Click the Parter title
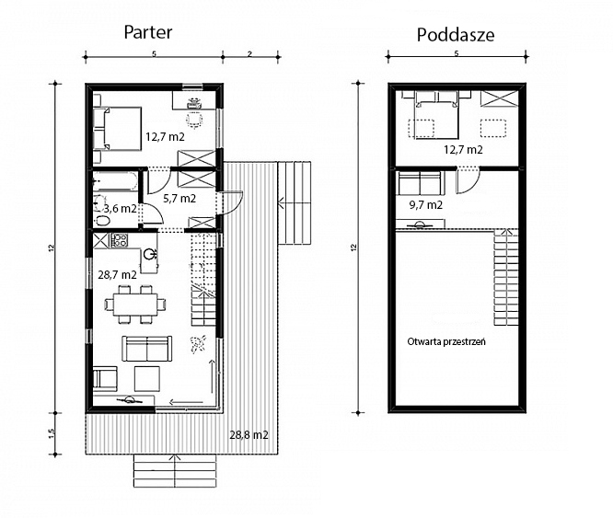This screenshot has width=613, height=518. pyautogui.click(x=148, y=33)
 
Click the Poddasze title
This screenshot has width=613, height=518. pyautogui.click(x=456, y=35)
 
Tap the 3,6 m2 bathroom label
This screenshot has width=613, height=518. pyautogui.click(x=120, y=209)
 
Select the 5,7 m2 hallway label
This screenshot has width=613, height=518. pyautogui.click(x=179, y=199)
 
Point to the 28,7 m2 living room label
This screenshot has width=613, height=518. pyautogui.click(x=117, y=274)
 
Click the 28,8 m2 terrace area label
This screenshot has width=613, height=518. pyautogui.click(x=249, y=435)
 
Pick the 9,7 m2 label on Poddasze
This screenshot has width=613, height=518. pyautogui.click(x=426, y=204)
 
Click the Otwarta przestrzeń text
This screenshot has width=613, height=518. pyautogui.click(x=446, y=341)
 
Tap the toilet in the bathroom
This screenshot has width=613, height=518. pyautogui.click(x=103, y=220)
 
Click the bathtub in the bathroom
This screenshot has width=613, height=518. pyautogui.click(x=115, y=181)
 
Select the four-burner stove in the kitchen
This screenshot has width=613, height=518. pyautogui.click(x=119, y=240)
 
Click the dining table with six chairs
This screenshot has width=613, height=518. pyautogui.click(x=135, y=305)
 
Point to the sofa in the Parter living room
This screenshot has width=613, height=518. pyautogui.click(x=147, y=349)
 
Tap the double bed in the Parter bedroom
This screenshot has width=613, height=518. pyautogui.click(x=117, y=129)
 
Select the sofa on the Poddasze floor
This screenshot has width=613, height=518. pyautogui.click(x=421, y=183)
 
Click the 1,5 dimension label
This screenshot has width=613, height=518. pyautogui.click(x=52, y=433)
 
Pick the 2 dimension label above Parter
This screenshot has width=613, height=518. pyautogui.click(x=249, y=54)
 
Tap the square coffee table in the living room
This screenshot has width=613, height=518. pyautogui.click(x=147, y=378)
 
